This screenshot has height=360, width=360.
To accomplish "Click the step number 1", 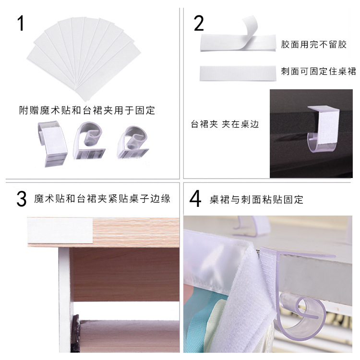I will click(x=21, y=23).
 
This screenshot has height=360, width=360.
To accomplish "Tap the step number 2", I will click(x=199, y=23).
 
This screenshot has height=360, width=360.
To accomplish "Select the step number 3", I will click(x=21, y=200).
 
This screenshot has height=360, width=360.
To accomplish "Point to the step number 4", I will click(x=195, y=200).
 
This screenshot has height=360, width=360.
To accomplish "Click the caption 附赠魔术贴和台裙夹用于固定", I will click(x=87, y=110).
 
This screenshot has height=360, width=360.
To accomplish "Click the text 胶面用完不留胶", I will click(x=314, y=45).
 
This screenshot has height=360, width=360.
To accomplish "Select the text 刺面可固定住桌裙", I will click(x=319, y=72).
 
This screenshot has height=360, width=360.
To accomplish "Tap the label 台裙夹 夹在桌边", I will click(x=225, y=124).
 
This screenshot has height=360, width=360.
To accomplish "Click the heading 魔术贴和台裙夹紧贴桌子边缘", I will click(x=102, y=199).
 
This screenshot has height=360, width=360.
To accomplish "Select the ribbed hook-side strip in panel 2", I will click(x=238, y=72).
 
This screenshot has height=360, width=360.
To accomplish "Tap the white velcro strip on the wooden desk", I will click(x=60, y=230).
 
